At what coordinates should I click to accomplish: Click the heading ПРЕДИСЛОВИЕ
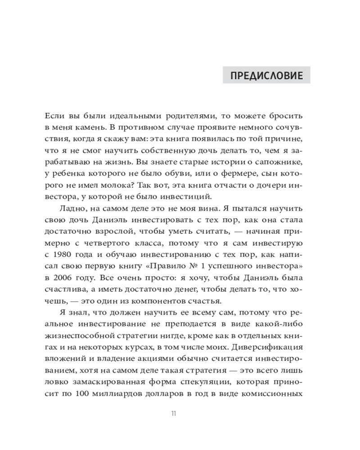point(266,75)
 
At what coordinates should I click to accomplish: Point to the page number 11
point(173,414)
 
